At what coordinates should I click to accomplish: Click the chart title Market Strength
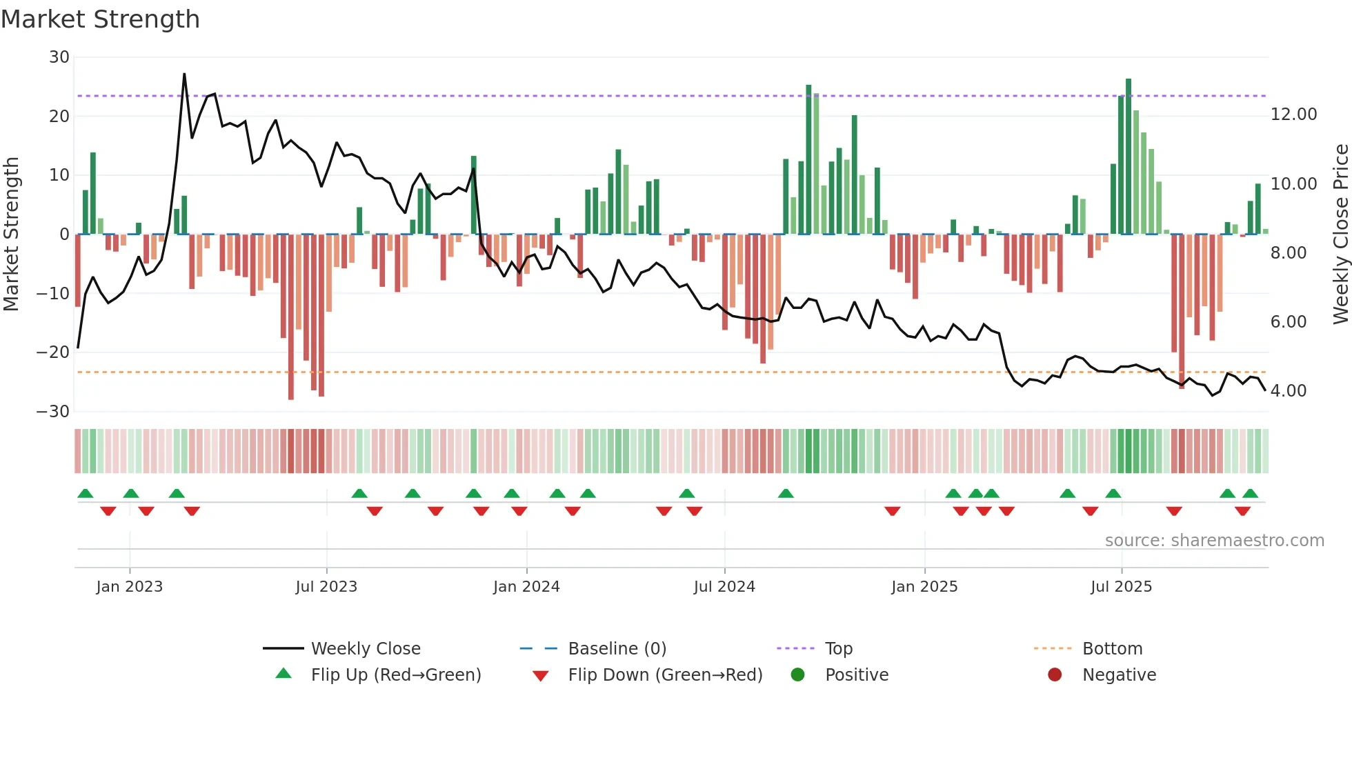click(100, 19)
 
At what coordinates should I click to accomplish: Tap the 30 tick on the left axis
click(59, 57)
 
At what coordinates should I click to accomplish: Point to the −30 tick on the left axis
click(53, 412)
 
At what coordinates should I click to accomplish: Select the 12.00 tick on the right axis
click(1293, 114)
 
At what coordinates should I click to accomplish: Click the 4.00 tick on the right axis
click(1288, 391)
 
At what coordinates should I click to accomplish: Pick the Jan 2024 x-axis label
click(526, 587)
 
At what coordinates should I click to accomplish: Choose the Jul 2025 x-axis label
click(1121, 587)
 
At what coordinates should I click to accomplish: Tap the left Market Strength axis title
click(11, 234)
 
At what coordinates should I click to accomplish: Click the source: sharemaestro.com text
click(1214, 541)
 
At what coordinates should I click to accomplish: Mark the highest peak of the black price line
click(184, 74)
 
